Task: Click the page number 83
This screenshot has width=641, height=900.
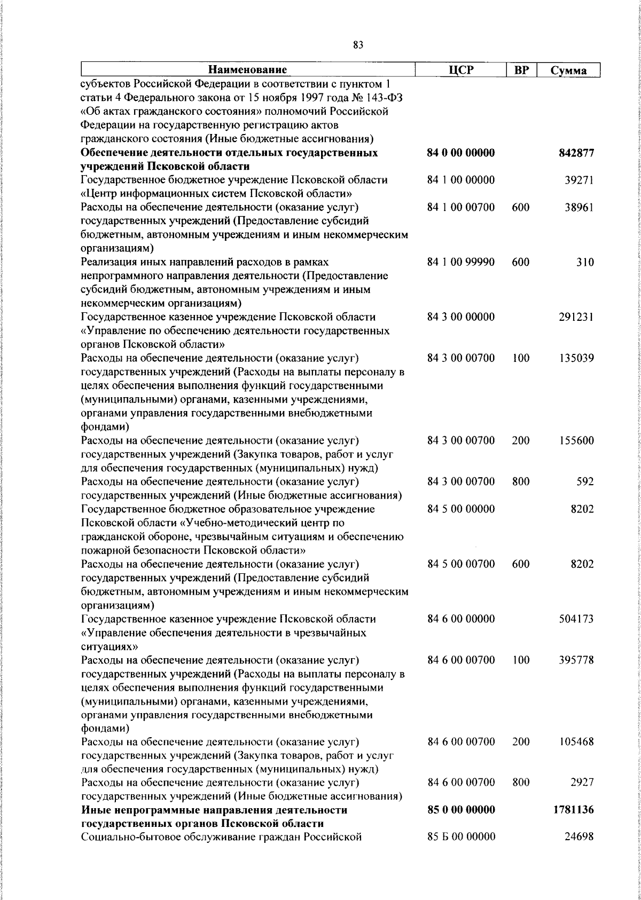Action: (358, 45)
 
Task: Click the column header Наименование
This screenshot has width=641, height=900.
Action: (247, 70)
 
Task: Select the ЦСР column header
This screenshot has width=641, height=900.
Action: (461, 70)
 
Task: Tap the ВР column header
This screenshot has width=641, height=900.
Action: (521, 70)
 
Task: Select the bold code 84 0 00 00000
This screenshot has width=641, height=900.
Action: (461, 153)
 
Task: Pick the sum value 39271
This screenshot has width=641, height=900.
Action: (579, 180)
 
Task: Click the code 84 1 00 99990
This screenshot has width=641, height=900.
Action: (461, 263)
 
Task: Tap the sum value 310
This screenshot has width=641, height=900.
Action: (585, 263)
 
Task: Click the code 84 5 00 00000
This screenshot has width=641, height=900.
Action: (461, 509)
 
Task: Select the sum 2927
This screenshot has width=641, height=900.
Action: (582, 783)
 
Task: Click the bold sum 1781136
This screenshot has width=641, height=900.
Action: (574, 810)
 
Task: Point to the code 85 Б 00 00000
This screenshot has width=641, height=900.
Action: (461, 836)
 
